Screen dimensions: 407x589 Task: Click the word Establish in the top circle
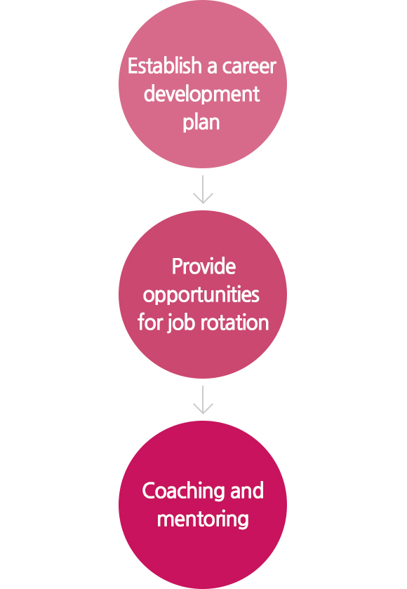pyautogui.click(x=165, y=66)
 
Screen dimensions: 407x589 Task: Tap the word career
pyautogui.click(x=249, y=67)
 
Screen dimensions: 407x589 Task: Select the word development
pyautogui.click(x=202, y=94)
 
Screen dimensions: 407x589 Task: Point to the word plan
pyautogui.click(x=201, y=123)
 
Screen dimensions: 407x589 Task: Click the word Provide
pyautogui.click(x=203, y=266)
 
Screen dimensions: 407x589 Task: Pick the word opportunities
pyautogui.click(x=201, y=295)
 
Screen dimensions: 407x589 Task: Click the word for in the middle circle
pyautogui.click(x=150, y=323)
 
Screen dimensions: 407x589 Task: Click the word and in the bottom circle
pyautogui.click(x=247, y=492)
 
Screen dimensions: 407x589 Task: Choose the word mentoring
pyautogui.click(x=203, y=520)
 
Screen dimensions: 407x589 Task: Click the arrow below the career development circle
pyautogui.click(x=203, y=189)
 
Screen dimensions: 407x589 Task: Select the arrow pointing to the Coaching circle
pyautogui.click(x=203, y=400)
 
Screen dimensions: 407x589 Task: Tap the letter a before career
pyautogui.click(x=212, y=67)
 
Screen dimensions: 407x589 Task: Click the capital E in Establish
pyautogui.click(x=133, y=66)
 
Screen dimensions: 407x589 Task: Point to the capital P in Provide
pyautogui.click(x=178, y=266)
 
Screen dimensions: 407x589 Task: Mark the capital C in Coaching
pyautogui.click(x=149, y=492)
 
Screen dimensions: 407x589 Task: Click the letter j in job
pyautogui.click(x=170, y=325)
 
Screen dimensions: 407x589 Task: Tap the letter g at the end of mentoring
pyautogui.click(x=243, y=522)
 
